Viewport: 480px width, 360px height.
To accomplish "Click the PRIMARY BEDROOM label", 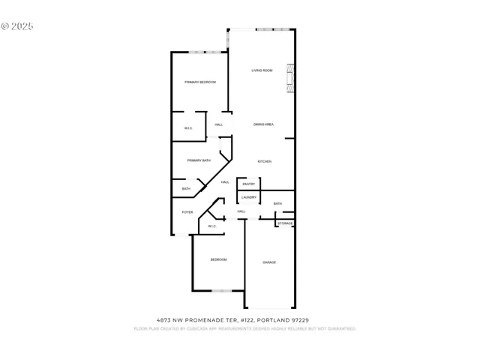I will coord(200,82).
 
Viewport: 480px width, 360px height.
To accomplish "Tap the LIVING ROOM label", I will coord(262,70).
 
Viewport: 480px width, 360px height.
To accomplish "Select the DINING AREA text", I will coord(262,124).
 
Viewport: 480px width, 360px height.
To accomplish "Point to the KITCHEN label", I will coord(264,162).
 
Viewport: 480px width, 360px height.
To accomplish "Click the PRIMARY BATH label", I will coord(199,160).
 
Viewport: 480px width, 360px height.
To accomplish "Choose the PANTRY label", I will coord(248,184).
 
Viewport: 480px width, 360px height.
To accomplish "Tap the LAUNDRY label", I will coord(249,197).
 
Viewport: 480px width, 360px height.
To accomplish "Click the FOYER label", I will coord(187,212).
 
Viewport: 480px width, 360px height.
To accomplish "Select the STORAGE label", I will coord(285,223).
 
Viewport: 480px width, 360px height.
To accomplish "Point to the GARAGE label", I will coord(269,262).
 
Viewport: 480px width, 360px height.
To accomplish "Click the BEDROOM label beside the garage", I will coord(218,259).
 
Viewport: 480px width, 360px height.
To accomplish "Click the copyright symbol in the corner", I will coord(5,25).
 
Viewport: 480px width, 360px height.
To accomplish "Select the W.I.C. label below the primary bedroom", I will coord(188,128).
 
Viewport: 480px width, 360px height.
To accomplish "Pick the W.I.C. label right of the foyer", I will coord(212,226).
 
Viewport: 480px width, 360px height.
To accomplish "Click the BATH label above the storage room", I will coord(277,204).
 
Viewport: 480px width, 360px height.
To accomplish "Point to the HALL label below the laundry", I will coord(241,211).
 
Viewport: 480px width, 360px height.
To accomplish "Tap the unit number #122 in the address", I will coord(245,320).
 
